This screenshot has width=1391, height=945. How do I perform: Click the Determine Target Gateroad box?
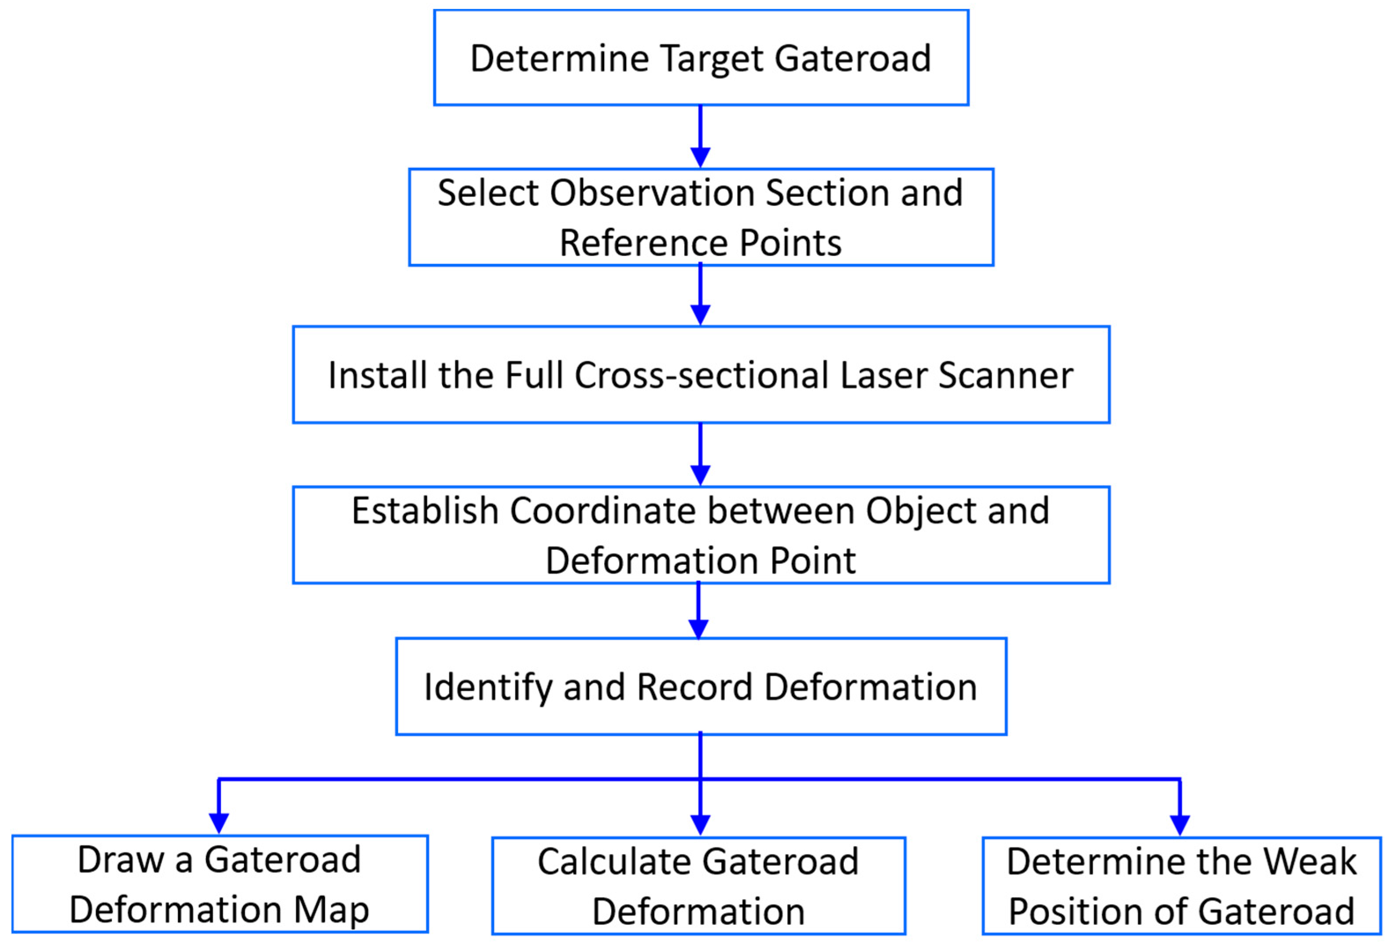pyautogui.click(x=701, y=58)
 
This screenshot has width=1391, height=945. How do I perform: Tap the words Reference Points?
pyautogui.click(x=700, y=243)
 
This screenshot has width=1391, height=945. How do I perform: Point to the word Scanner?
pyautogui.click(x=1006, y=375)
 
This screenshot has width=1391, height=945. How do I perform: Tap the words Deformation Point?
pyautogui.click(x=700, y=561)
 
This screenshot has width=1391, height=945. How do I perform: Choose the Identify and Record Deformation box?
pyautogui.click(x=701, y=686)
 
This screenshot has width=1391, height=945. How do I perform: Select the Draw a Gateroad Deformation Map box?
pyautogui.click(x=220, y=884)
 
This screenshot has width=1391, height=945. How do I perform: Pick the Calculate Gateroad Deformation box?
pyautogui.click(x=698, y=886)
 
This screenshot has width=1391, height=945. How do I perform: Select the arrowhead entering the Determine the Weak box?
pyautogui.click(x=1180, y=823)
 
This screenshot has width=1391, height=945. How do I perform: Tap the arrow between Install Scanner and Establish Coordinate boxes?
pyautogui.click(x=700, y=453)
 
